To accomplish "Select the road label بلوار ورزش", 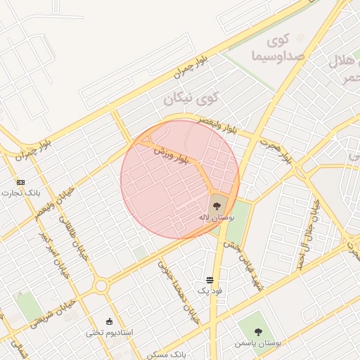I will click(169, 156).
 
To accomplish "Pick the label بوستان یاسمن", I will click(261, 344).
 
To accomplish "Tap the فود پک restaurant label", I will click(210, 290).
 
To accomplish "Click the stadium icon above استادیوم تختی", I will click(108, 321).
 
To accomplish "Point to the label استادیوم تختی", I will click(109, 332).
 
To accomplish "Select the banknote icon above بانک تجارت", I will click(20, 181).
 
